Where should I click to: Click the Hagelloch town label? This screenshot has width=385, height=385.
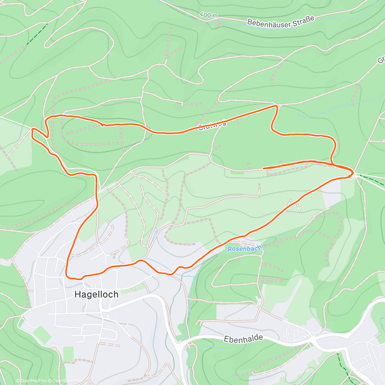[96, 294]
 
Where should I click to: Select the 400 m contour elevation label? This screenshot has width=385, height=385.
[208, 15]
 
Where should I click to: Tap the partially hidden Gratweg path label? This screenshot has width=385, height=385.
[212, 125]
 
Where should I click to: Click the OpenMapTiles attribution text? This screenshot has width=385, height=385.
[34, 381]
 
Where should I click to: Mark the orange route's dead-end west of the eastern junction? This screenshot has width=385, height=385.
[263, 168]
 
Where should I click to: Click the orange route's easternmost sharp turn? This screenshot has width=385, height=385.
[353, 173]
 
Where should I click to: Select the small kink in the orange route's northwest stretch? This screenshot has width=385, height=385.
[102, 124]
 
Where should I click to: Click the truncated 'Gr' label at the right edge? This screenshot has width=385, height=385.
[381, 60]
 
